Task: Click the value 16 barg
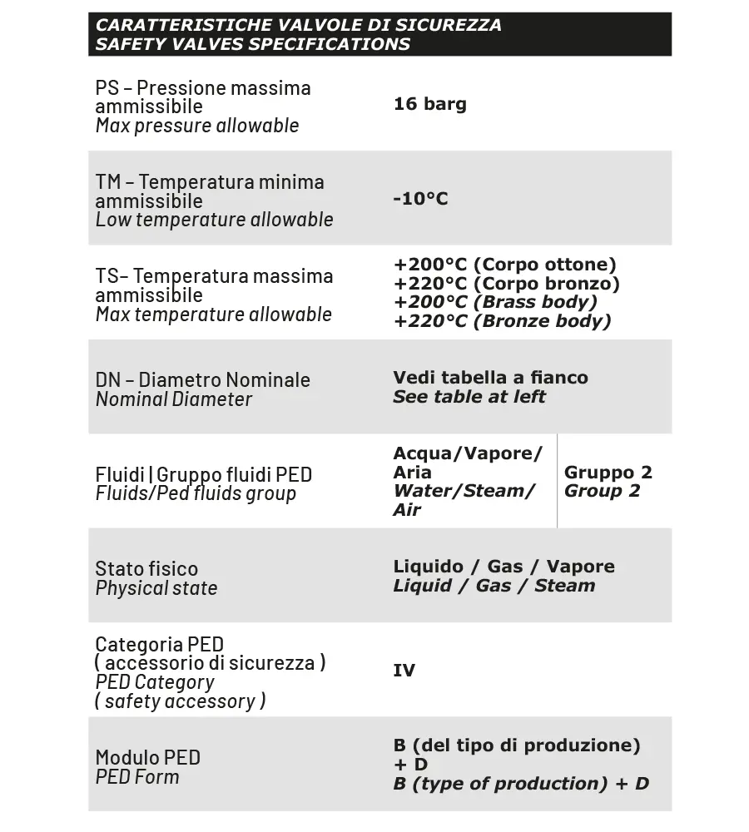point(429,104)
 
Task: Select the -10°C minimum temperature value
point(420,199)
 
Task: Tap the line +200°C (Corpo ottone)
point(504,265)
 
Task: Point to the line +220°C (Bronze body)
point(502,321)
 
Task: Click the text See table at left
point(469,397)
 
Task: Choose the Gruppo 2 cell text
point(608,473)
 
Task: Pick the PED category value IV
point(404,671)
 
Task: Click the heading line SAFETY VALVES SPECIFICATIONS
point(252,44)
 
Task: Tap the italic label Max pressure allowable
point(196,126)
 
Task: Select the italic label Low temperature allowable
point(214,220)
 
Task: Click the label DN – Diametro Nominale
point(202,379)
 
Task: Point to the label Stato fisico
point(146,569)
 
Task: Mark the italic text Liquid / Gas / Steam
point(494,586)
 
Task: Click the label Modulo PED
point(147,758)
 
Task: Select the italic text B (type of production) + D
point(520,784)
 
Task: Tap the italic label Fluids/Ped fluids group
point(196,493)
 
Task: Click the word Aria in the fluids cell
point(412,473)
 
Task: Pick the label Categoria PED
point(159,644)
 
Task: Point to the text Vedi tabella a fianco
point(490,378)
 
